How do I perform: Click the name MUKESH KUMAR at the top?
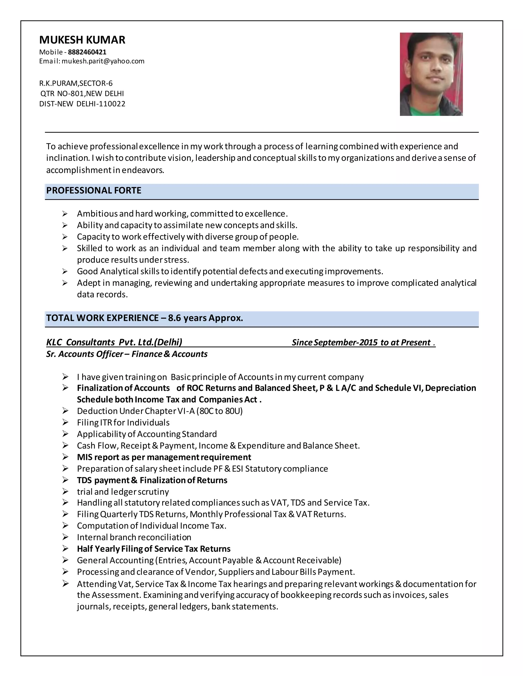pos(82,40)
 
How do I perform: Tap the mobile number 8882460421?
pos(87,52)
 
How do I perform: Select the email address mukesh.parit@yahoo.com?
pos(103,61)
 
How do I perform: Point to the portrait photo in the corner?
pos(431,74)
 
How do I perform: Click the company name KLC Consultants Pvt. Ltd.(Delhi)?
pos(114,342)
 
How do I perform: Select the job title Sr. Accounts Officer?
pos(84,354)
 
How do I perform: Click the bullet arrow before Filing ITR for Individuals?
pos(65,422)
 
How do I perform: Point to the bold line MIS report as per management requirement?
pos(164,457)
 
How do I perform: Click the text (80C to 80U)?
pos(219,411)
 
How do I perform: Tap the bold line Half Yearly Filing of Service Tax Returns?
pos(154,549)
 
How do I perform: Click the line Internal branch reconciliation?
pos(134,537)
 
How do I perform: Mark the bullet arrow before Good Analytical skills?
pos(65,271)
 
